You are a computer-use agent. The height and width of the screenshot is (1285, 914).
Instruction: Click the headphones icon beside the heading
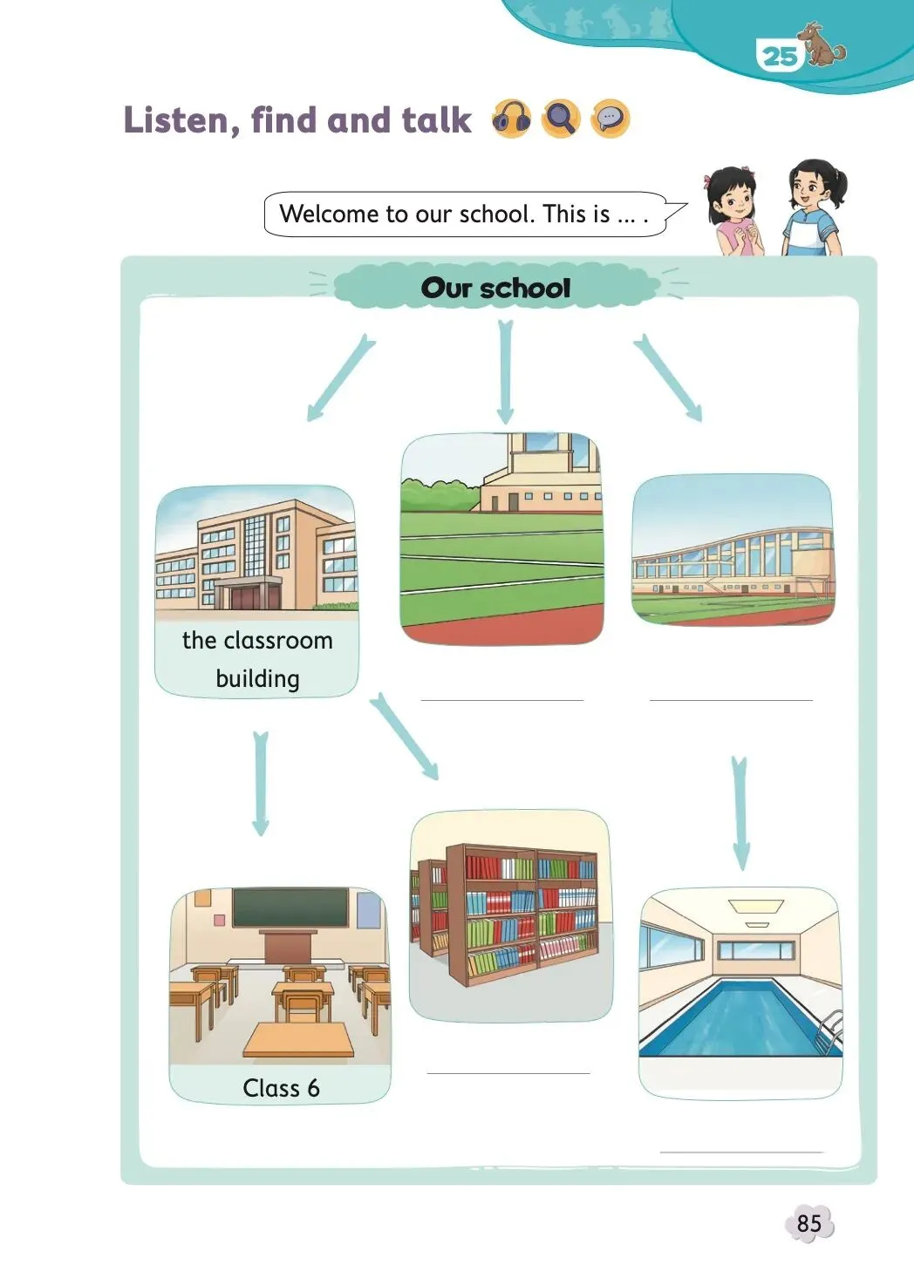(x=511, y=119)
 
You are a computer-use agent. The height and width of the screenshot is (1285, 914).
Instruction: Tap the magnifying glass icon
(x=561, y=119)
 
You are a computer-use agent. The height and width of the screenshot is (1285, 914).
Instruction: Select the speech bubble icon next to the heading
(x=610, y=119)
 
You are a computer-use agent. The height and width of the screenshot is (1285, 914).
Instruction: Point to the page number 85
(x=808, y=1223)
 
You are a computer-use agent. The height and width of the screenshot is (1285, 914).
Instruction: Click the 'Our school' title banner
(x=495, y=288)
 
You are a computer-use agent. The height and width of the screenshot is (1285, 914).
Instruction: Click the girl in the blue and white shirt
(x=814, y=209)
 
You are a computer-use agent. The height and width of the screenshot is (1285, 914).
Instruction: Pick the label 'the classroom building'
(x=257, y=659)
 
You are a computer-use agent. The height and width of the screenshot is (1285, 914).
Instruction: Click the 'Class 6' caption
(x=281, y=1088)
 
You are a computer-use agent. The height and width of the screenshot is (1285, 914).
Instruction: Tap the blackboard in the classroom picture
(x=291, y=908)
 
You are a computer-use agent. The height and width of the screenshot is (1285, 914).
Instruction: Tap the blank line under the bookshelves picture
(x=508, y=1072)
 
